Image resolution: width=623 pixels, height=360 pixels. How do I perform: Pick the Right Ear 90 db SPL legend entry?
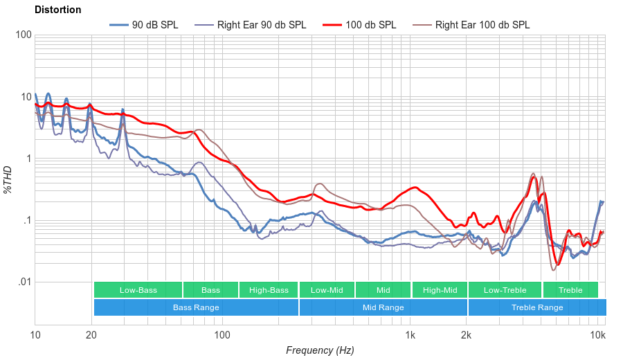click(262, 25)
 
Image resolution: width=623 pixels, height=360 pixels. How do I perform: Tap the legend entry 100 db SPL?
click(371, 25)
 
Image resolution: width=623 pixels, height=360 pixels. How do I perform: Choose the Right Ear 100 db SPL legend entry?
click(482, 25)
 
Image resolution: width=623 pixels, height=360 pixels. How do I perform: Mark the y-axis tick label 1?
click(28, 159)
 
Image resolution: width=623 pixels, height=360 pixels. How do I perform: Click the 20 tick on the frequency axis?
click(91, 335)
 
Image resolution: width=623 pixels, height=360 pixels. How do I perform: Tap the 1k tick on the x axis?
click(410, 335)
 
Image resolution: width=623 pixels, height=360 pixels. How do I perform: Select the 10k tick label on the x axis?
click(598, 335)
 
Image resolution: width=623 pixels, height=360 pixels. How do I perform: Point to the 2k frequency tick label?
click(467, 335)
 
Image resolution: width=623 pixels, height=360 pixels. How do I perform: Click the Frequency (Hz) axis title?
click(320, 350)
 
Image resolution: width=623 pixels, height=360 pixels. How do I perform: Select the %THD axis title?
click(9, 179)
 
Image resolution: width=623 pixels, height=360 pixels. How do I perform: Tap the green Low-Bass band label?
click(138, 290)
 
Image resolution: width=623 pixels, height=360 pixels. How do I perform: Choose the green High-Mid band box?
click(440, 290)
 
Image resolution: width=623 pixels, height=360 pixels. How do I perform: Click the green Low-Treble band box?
click(505, 290)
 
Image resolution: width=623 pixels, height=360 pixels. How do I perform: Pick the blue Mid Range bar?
click(383, 307)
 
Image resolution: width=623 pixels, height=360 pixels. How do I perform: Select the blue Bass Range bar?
click(196, 307)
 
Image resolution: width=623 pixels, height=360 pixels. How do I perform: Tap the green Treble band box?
click(570, 290)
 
